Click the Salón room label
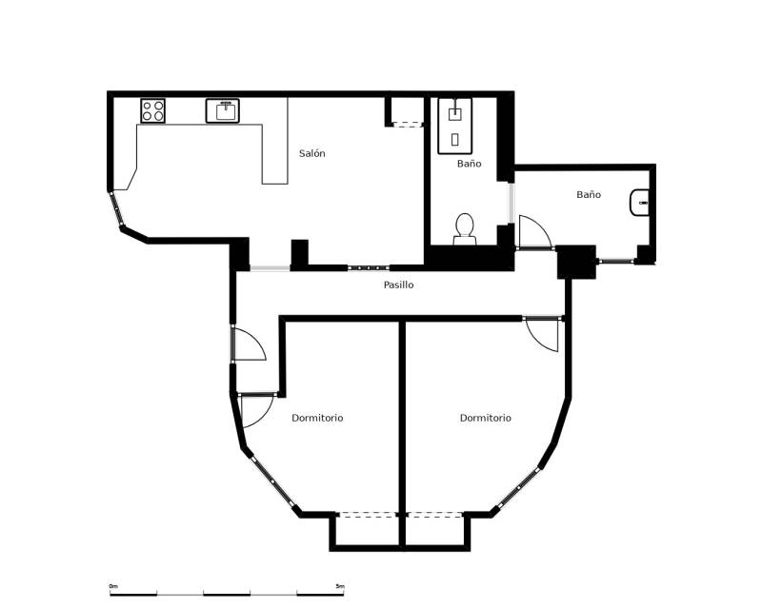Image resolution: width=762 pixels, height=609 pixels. click(x=312, y=153)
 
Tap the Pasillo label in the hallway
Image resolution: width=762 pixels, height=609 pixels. click(x=398, y=285)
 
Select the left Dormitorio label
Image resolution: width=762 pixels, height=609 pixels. click(x=317, y=418)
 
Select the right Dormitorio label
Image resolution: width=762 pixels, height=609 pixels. click(x=486, y=418)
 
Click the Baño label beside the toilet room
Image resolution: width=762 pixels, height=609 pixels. click(x=469, y=164)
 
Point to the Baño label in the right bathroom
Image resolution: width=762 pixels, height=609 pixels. click(x=589, y=194)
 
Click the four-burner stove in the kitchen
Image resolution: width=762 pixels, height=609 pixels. click(x=152, y=110)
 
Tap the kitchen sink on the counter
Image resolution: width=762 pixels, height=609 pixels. click(x=223, y=110)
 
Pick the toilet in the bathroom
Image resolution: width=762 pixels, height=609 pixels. click(x=465, y=229)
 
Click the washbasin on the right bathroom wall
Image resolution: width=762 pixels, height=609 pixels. click(x=639, y=202)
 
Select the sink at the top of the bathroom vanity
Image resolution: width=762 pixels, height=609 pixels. click(x=455, y=113)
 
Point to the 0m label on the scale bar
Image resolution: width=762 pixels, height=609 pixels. click(x=113, y=587)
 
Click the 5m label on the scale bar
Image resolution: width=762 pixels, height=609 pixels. click(x=340, y=587)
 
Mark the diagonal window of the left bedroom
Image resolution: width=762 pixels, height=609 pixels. click(x=272, y=481)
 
